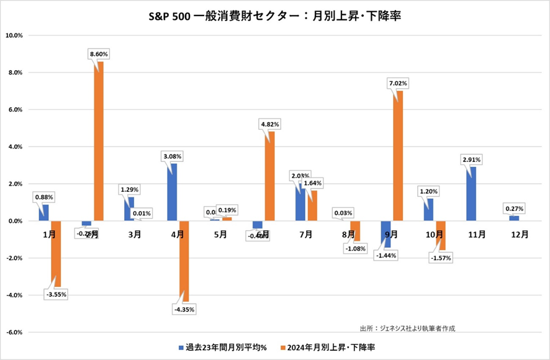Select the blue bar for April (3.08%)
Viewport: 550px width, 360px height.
coord(173,192)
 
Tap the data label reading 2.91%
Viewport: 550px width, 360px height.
coord(471,160)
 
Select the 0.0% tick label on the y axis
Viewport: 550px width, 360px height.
coord(15,221)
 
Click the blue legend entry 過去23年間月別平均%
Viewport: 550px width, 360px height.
coord(223,348)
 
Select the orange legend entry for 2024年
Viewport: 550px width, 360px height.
coord(335,348)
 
